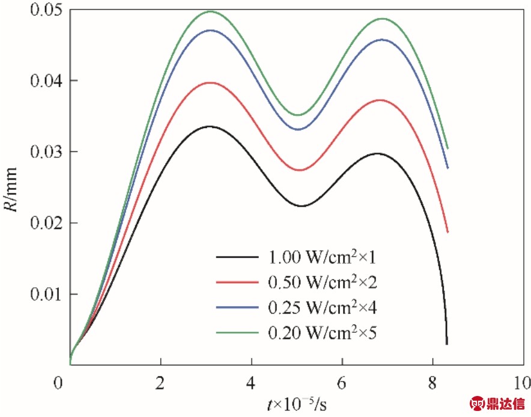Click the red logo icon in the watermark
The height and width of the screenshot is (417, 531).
(478, 403)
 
